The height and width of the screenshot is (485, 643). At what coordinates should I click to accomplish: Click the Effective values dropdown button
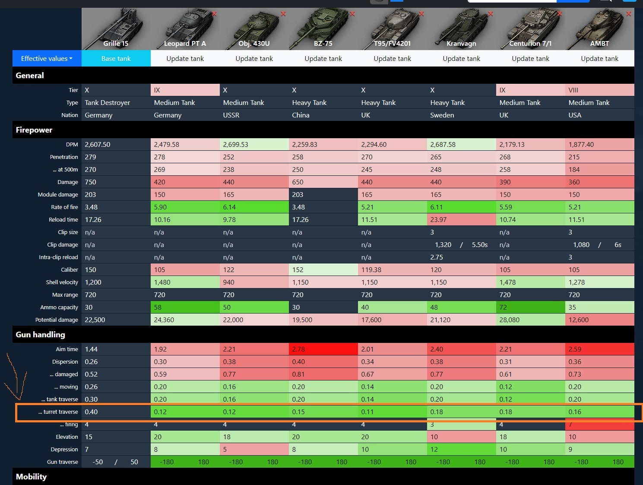pos(47,58)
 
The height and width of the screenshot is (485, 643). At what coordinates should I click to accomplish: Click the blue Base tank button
pos(116,58)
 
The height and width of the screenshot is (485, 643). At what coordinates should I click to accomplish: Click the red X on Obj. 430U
pos(283,14)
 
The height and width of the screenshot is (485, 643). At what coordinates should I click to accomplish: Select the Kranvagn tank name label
pos(461,44)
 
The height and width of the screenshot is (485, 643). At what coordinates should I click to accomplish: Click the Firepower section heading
pos(34,130)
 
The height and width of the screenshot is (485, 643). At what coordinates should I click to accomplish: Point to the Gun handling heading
pos(40,335)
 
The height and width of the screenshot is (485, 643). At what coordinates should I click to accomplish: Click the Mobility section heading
pos(31,477)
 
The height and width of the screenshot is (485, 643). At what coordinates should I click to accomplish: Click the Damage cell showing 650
pos(298,182)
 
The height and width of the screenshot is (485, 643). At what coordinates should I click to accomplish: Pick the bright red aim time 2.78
pos(298,349)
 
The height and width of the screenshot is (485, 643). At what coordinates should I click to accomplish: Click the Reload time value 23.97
pos(438,220)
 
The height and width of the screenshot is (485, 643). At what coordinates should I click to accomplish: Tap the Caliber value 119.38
pos(371,270)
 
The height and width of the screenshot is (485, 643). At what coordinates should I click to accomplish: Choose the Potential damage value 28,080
pos(510,320)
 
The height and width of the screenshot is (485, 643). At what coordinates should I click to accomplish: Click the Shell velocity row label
pos(62,282)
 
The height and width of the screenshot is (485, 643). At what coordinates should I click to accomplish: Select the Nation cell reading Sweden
pos(442,115)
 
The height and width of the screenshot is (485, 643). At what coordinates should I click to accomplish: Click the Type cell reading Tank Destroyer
pos(108,103)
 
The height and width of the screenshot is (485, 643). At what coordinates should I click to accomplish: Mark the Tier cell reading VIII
pos(573,90)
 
